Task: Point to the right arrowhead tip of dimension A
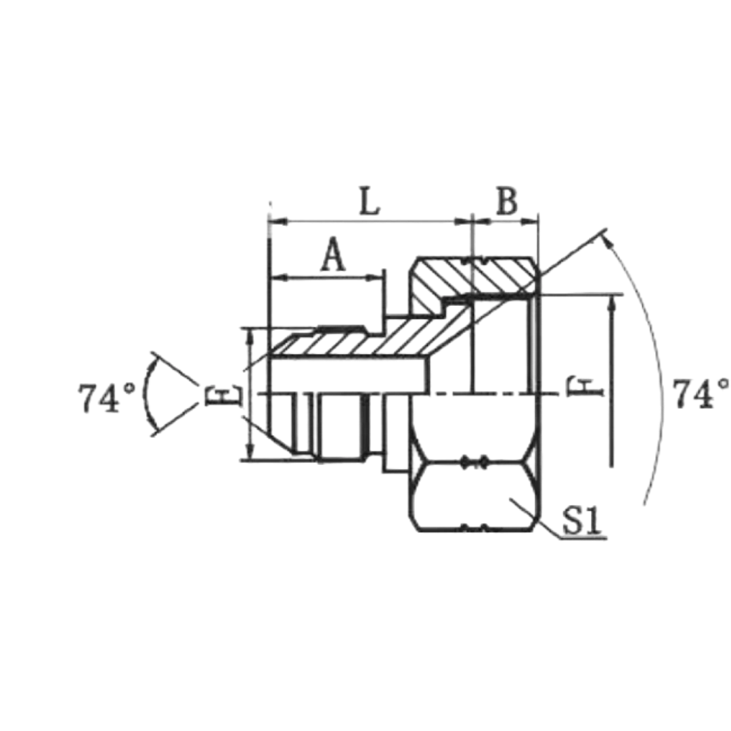383,278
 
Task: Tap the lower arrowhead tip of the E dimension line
250,460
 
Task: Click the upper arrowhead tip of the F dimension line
612,296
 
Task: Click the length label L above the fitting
370,202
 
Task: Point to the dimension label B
507,201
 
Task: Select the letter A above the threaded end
333,254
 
